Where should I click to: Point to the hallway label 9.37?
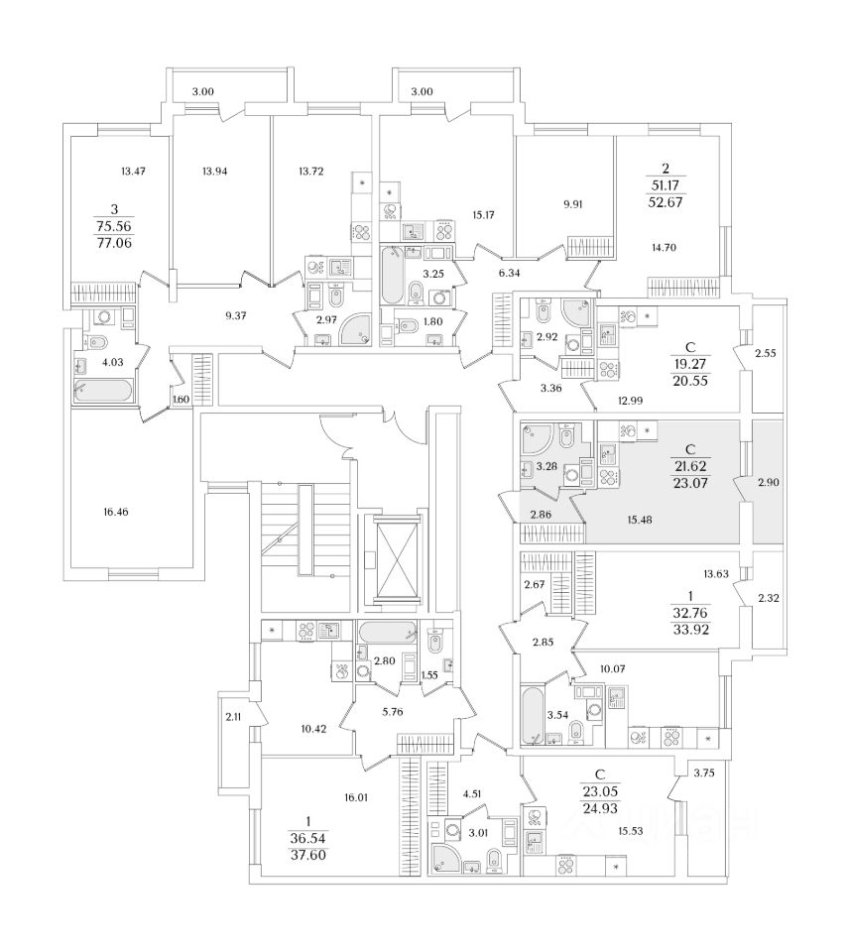click(x=239, y=316)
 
